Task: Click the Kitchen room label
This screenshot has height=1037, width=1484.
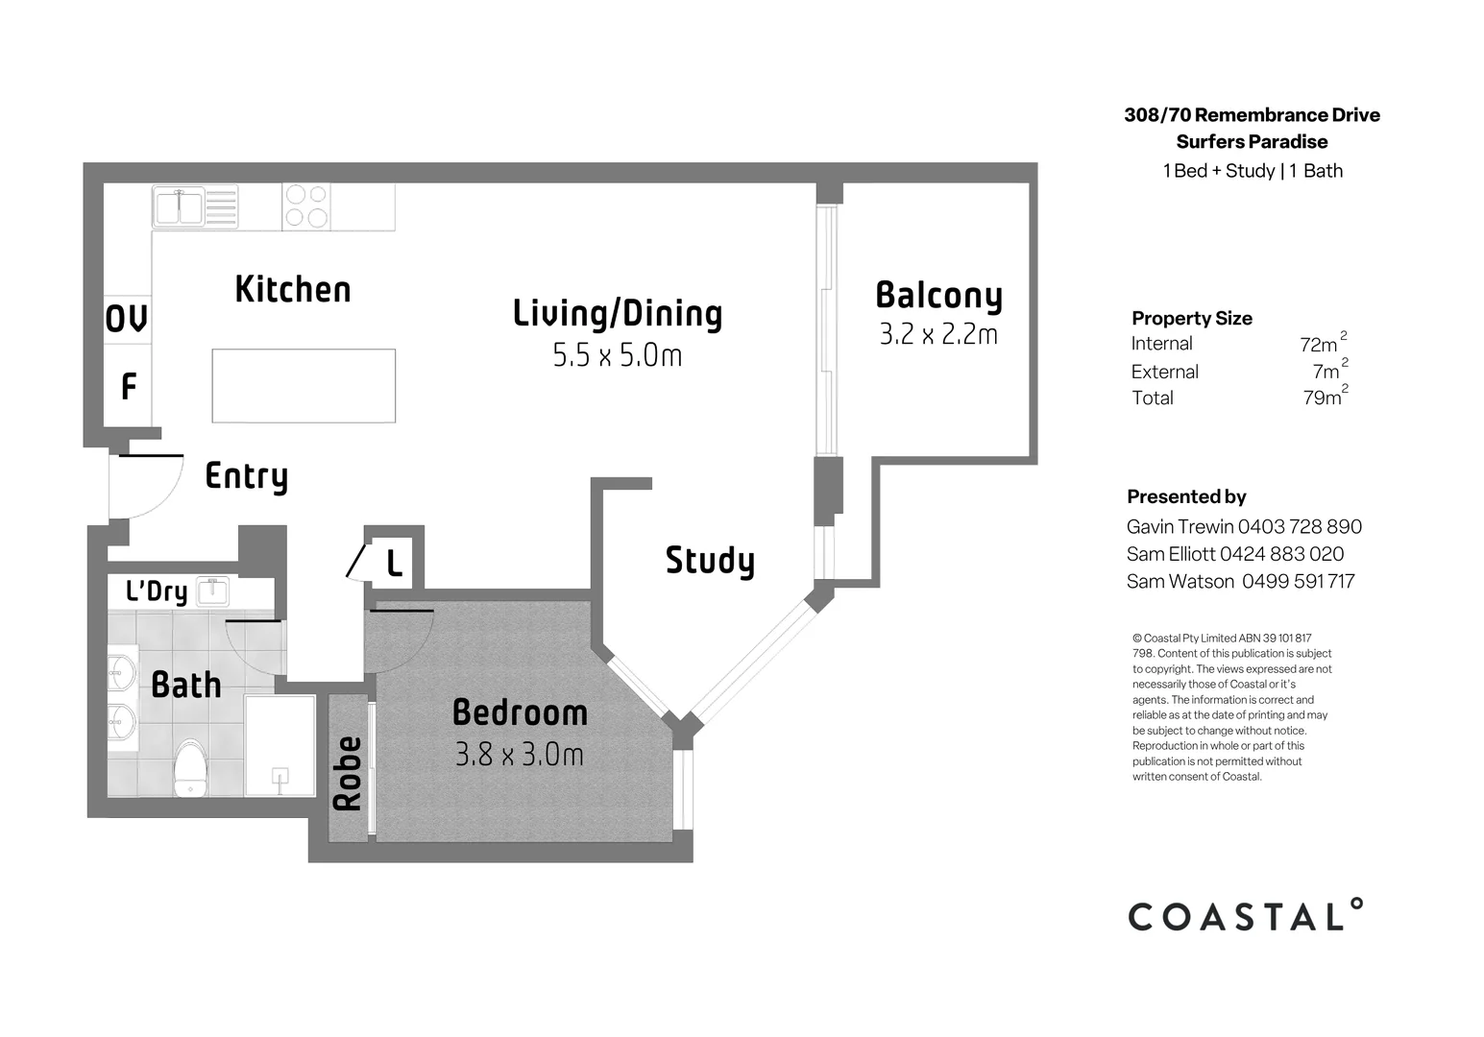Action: tap(293, 289)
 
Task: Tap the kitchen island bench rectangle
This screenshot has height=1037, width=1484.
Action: tap(304, 385)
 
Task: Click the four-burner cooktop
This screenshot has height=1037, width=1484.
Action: tap(306, 206)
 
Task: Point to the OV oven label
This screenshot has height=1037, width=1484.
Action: tap(127, 319)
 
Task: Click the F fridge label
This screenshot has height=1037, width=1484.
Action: tap(128, 386)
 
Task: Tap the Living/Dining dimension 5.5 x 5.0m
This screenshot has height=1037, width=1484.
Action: tap(617, 356)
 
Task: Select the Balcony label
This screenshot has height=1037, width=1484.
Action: tap(938, 295)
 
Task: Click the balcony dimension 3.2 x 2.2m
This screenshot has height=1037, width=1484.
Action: tap(938, 334)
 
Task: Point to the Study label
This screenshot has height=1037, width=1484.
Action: tap(710, 560)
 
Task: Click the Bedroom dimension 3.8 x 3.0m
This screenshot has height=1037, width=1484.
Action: tap(519, 755)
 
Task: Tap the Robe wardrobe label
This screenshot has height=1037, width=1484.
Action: tap(348, 773)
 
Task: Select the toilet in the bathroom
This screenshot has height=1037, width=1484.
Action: tap(190, 768)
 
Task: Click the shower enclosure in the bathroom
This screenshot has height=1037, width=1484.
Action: tap(280, 745)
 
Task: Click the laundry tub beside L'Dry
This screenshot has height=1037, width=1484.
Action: tap(212, 591)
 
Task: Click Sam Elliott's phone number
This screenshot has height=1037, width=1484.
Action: tap(1281, 554)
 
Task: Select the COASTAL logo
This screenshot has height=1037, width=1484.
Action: tap(1245, 916)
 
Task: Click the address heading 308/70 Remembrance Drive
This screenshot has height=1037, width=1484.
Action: tap(1252, 115)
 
